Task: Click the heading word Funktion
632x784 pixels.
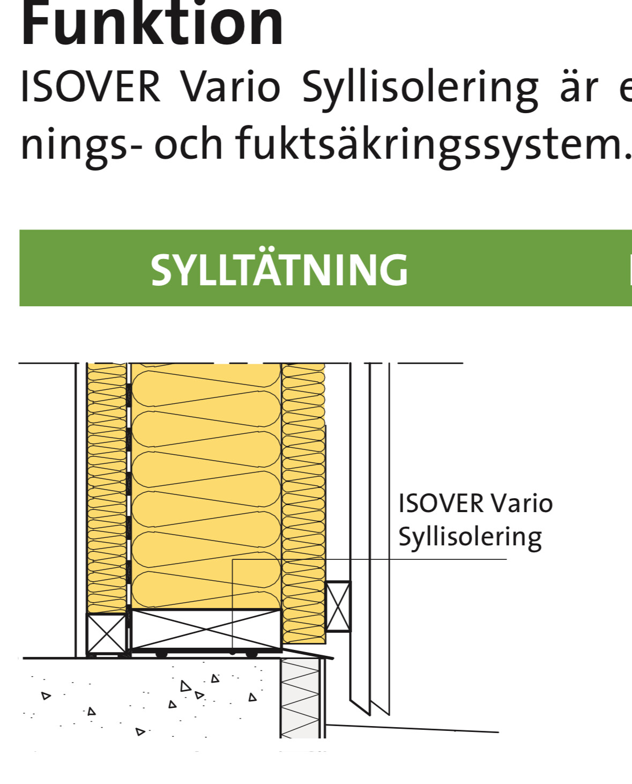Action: pyautogui.click(x=152, y=24)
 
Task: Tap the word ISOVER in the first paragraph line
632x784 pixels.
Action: pyautogui.click(x=90, y=87)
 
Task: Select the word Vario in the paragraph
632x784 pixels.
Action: pyautogui.click(x=230, y=87)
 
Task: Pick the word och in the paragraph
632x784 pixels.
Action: pyautogui.click(x=188, y=144)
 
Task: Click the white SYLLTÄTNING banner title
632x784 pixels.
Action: pyautogui.click(x=279, y=269)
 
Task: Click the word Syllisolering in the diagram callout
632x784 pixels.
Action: pyautogui.click(x=470, y=537)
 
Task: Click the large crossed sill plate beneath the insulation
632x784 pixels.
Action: pyautogui.click(x=206, y=629)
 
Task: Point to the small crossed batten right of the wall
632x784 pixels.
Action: pyautogui.click(x=338, y=606)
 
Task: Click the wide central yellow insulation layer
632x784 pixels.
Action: pyautogui.click(x=206, y=483)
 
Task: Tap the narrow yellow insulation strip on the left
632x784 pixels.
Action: pyautogui.click(x=107, y=483)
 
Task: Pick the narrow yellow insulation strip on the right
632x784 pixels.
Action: pyautogui.click(x=303, y=483)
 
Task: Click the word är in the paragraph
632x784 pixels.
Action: pyautogui.click(x=579, y=87)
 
